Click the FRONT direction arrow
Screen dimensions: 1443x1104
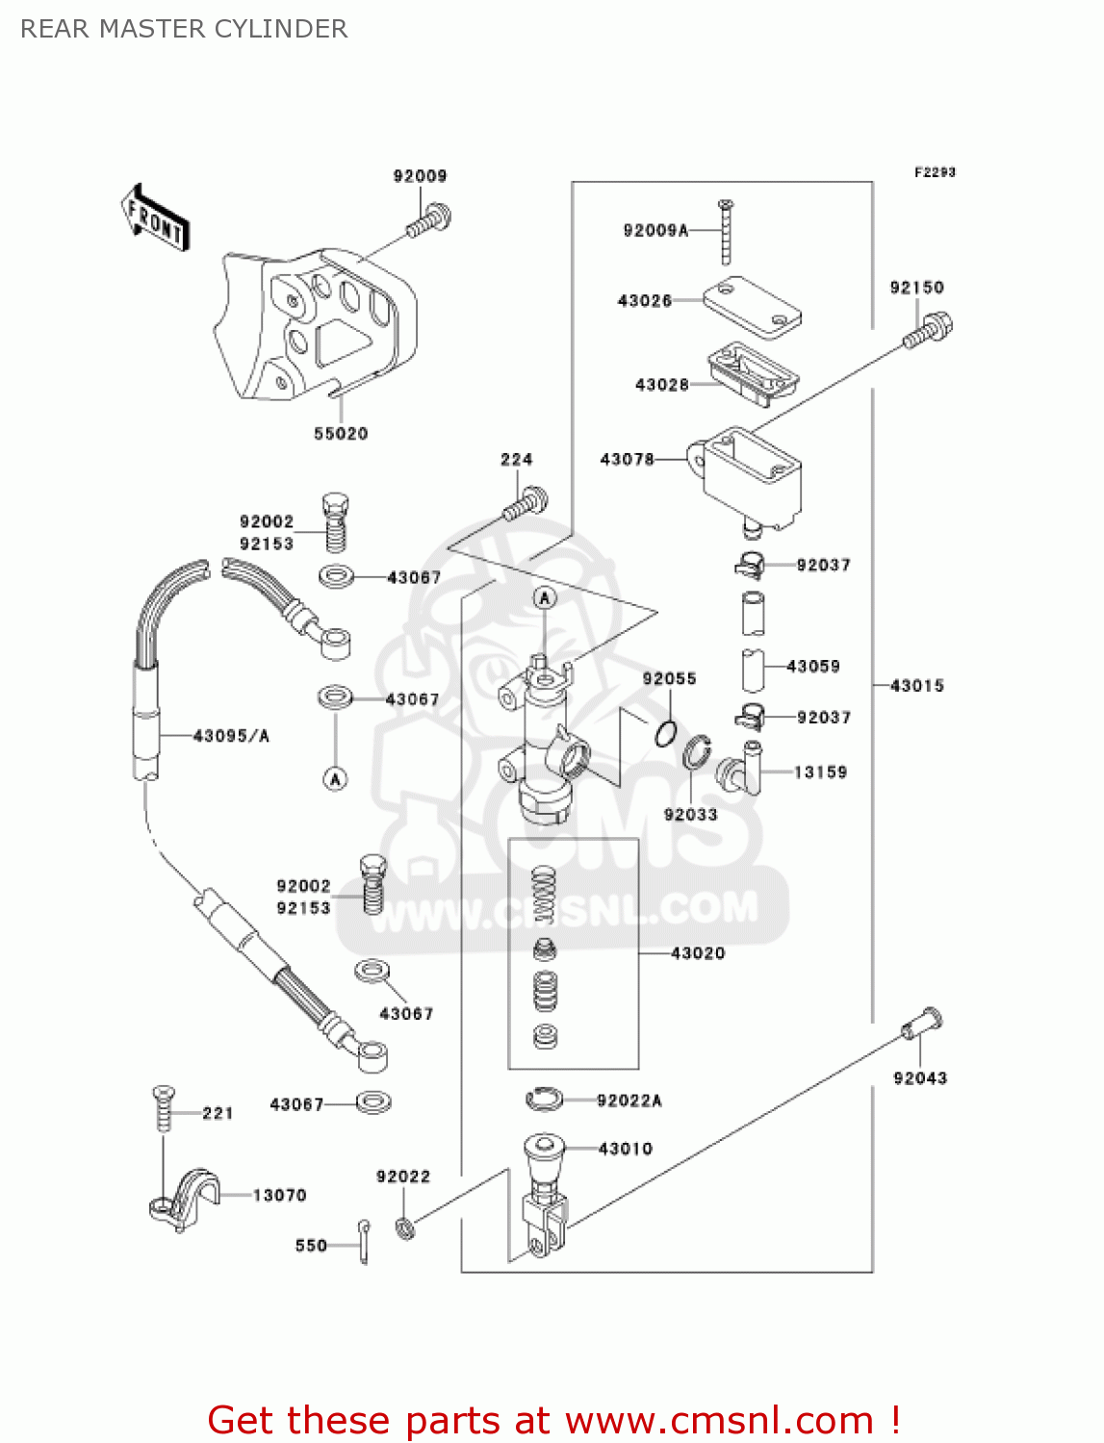(154, 218)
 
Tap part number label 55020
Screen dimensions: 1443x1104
(341, 434)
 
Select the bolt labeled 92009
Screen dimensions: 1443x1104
(429, 220)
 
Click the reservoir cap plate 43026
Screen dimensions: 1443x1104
(752, 307)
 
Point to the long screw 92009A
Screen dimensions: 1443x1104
(726, 232)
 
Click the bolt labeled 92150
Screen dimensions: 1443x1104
(929, 331)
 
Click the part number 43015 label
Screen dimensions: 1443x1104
(917, 686)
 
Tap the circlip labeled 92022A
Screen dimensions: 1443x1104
(545, 1099)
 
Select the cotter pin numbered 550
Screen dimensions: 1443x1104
(364, 1242)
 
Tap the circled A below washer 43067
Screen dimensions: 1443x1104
(335, 779)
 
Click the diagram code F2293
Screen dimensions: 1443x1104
(935, 172)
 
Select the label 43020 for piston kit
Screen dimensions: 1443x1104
(698, 953)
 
